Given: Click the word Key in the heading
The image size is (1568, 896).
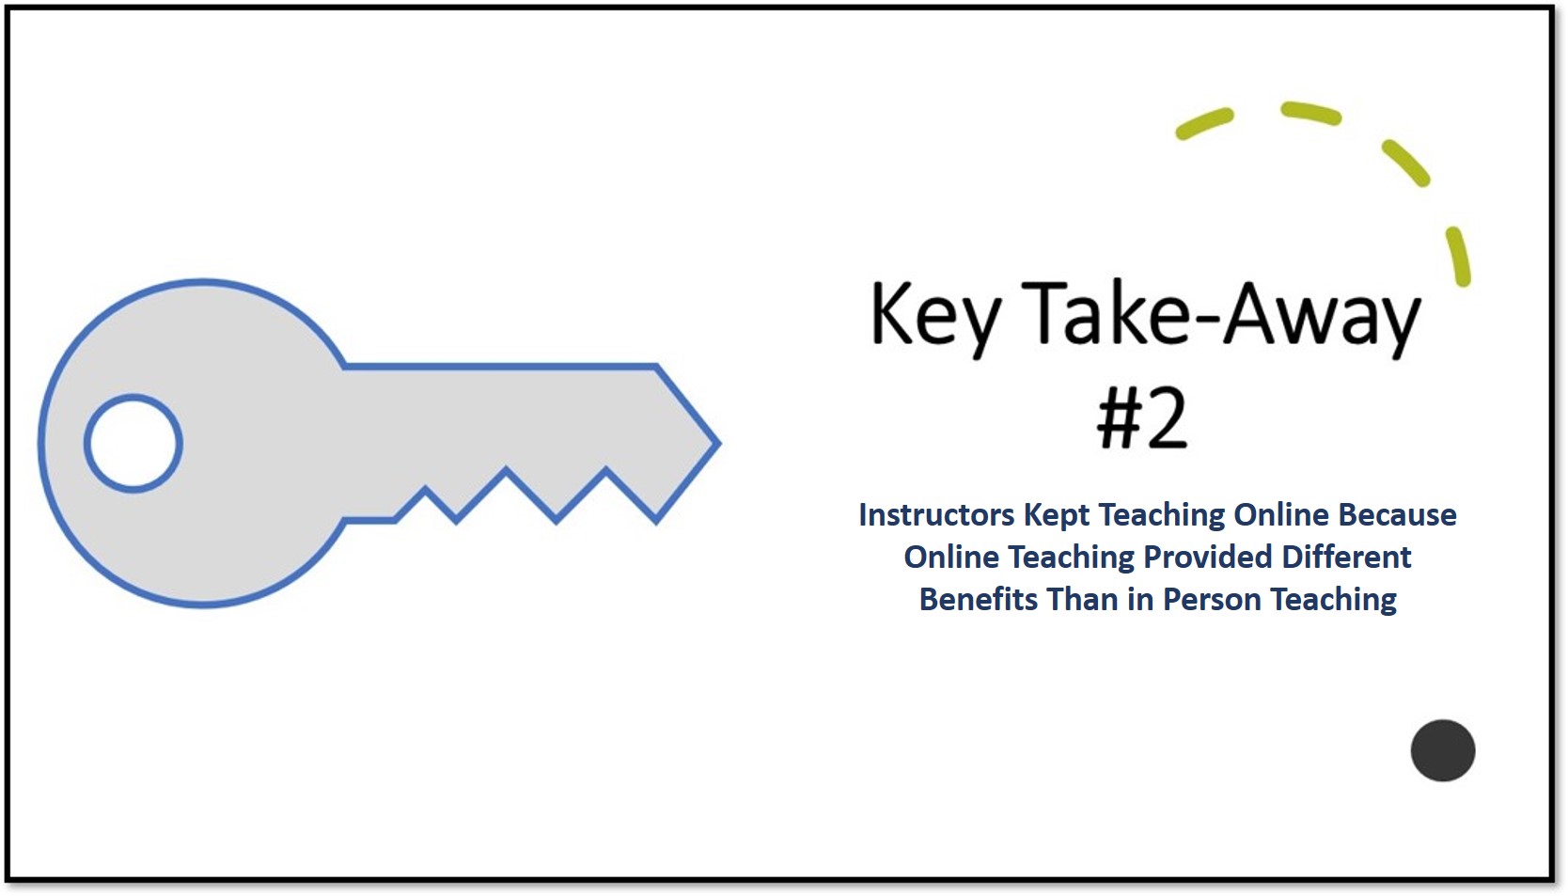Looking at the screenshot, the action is [935, 319].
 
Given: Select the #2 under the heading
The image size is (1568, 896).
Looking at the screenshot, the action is [1142, 417].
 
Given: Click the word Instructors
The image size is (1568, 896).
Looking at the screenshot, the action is [936, 515].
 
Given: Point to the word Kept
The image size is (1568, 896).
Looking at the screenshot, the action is [1057, 516].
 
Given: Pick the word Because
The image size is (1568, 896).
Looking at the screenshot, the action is [1397, 515].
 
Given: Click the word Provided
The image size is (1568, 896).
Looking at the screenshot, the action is [1208, 558].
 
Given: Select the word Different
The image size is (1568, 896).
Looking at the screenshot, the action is [1346, 558].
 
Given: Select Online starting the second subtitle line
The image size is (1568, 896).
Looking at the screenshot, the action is [951, 558].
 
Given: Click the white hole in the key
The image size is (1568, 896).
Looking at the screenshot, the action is [133, 444].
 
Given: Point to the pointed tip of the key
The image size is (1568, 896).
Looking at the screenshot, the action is [720, 443].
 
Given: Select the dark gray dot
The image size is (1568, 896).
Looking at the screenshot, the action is [1443, 750].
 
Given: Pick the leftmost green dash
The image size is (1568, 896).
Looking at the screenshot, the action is [1204, 123].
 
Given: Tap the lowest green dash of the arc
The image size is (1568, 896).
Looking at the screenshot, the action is [1458, 256].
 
